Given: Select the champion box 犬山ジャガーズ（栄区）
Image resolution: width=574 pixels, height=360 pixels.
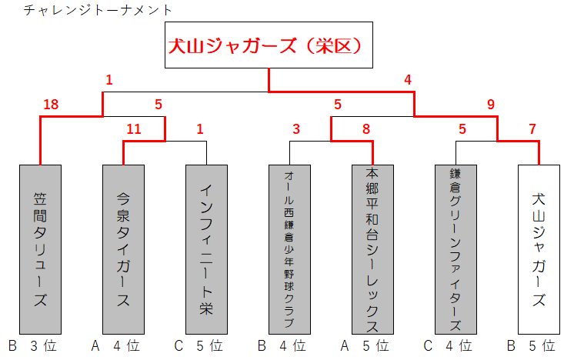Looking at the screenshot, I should click(x=268, y=45).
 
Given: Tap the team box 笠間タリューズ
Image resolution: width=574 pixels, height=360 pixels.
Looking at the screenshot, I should click(x=40, y=248).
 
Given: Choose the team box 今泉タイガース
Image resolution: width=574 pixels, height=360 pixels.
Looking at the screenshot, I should click(x=123, y=248).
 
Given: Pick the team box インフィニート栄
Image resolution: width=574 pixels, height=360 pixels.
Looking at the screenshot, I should click(x=206, y=248).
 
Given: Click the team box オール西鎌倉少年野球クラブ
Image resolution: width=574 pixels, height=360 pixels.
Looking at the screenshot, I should click(x=289, y=248).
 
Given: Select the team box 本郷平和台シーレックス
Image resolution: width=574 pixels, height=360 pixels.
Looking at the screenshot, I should click(x=372, y=248).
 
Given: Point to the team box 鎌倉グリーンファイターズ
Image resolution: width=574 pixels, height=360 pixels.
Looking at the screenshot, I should click(x=456, y=248).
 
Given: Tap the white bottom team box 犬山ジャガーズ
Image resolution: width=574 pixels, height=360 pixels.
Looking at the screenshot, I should click(x=539, y=248).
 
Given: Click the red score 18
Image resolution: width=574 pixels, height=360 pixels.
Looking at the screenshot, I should click(x=52, y=105).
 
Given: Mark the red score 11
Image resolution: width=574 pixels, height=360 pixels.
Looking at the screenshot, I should click(x=134, y=129).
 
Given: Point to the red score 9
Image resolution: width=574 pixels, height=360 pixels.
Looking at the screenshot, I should click(x=491, y=105).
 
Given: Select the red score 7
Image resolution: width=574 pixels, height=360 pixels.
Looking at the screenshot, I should click(x=532, y=129).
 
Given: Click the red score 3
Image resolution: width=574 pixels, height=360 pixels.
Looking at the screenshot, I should click(x=295, y=129).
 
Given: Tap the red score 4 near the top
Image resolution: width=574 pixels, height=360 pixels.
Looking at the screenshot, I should click(x=408, y=79).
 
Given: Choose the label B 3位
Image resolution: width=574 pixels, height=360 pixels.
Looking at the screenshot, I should click(x=35, y=346).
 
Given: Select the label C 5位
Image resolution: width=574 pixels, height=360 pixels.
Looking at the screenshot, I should click(x=202, y=346).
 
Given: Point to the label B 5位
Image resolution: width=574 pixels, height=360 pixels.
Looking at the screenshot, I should click(x=534, y=346).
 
